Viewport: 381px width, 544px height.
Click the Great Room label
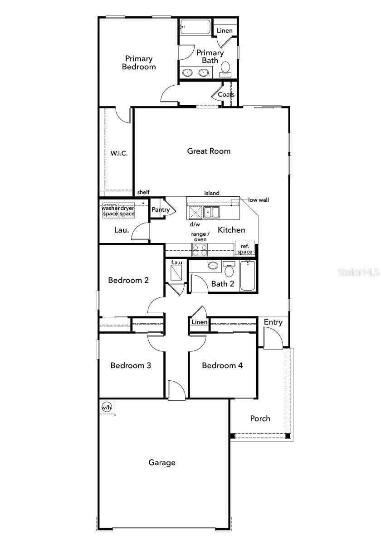pyautogui.click(x=209, y=151)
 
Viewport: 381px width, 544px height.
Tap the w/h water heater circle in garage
pyautogui.click(x=107, y=407)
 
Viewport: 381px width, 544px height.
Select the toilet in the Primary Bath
pyautogui.click(x=225, y=69)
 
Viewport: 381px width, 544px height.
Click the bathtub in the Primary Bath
pyautogui.click(x=195, y=27)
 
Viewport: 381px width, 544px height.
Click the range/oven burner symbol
pyautogui.click(x=200, y=250)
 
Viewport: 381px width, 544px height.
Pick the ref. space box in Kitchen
pyautogui.click(x=244, y=248)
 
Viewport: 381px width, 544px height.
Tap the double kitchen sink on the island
pyautogui.click(x=211, y=212)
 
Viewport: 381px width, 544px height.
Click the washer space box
pyautogui.click(x=110, y=210)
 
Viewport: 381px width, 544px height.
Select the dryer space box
pyautogui.click(x=127, y=210)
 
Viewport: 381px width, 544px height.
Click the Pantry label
pyautogui.click(x=161, y=209)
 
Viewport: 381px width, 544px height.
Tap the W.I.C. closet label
pyautogui.click(x=119, y=153)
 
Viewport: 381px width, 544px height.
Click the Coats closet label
pyautogui.click(x=226, y=94)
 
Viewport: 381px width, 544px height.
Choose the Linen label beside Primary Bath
pyautogui.click(x=225, y=31)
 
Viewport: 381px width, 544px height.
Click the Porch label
pyautogui.click(x=260, y=418)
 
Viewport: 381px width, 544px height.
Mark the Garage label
pyautogui.click(x=162, y=462)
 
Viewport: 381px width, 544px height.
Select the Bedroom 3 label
pyautogui.click(x=131, y=365)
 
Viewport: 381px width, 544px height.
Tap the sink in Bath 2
pyautogui.click(x=213, y=266)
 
